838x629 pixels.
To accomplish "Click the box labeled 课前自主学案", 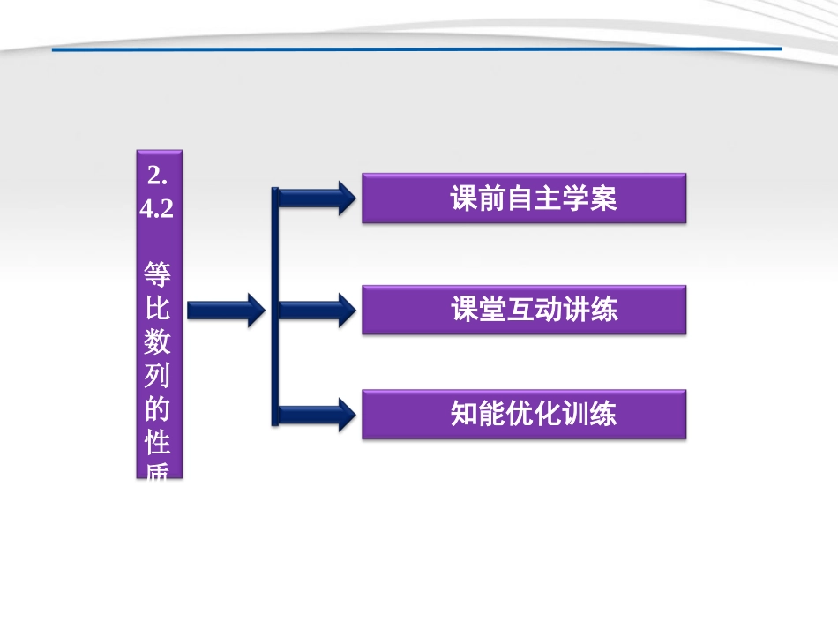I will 524,198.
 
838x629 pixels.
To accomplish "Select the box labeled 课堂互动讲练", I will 524,310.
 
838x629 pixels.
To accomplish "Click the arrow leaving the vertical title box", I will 225,310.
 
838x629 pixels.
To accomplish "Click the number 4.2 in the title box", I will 159,212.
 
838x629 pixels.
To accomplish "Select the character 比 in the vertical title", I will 159,310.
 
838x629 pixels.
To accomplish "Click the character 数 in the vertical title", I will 159,345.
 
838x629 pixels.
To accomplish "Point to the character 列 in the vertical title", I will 159,378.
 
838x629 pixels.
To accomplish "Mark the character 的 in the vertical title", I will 159,411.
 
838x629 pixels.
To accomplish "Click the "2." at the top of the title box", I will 159,176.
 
